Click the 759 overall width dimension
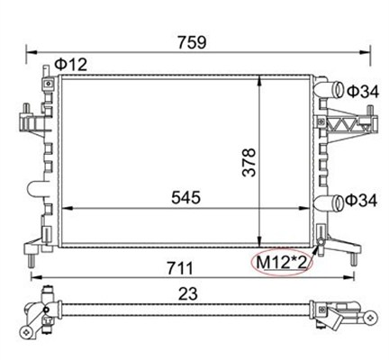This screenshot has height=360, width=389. click(x=192, y=42)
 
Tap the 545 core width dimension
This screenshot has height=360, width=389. click(x=185, y=198)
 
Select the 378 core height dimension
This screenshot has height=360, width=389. click(x=249, y=162)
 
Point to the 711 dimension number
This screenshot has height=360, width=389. click(x=180, y=268)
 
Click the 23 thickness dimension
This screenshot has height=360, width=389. click(x=188, y=294)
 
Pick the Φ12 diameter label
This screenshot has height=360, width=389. click(x=70, y=64)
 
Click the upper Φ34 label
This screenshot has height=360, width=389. click(x=363, y=92)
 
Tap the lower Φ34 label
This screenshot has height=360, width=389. click(x=361, y=201)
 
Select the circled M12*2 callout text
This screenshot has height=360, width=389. click(x=282, y=263)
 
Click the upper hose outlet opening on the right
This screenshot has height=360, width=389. click(x=339, y=89)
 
